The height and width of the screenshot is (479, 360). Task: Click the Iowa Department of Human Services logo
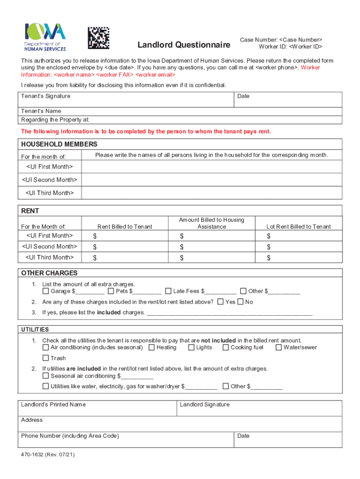pos(45,36)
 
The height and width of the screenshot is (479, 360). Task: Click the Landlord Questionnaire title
pos(184,45)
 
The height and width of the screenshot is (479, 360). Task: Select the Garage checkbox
pos(45,291)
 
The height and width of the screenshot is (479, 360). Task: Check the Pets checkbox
pos(111,291)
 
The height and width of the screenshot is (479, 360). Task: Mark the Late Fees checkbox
pos(169,291)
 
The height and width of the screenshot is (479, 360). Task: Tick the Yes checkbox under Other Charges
pos(220,302)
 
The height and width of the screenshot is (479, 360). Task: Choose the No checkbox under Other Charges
pos(240,302)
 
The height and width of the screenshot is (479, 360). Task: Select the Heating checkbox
pos(151,348)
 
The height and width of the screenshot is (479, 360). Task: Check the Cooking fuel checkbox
pos(226,348)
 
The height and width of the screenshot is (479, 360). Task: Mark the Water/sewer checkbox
pos(279,348)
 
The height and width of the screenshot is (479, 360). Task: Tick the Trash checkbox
pos(45,358)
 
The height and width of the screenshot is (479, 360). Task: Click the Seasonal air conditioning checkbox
pos(45,376)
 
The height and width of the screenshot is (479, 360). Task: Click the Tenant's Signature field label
pos(46,96)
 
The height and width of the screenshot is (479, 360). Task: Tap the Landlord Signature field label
pos(205,404)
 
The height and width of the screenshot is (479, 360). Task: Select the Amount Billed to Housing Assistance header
pos(211,223)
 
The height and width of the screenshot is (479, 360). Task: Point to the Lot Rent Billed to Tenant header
pos(298,226)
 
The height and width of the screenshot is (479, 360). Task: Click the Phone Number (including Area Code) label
pos(70,435)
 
